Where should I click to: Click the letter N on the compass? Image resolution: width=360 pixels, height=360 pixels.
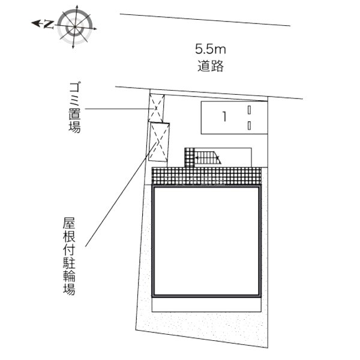click(49, 25)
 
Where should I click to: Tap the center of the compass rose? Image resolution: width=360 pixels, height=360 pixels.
click(75, 27)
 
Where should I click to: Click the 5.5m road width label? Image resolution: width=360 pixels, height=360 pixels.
click(211, 49)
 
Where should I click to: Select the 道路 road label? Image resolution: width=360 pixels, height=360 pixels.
click(211, 66)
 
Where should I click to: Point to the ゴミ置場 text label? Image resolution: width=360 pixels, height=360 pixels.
click(75, 107)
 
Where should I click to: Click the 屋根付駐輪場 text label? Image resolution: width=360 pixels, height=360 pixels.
click(69, 256)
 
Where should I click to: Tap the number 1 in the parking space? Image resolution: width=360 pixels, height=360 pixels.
click(224, 116)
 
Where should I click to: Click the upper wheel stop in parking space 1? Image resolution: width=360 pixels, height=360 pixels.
click(250, 110)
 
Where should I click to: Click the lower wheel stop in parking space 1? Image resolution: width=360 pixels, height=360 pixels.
click(250, 125)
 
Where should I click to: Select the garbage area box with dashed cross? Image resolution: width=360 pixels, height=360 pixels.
click(157, 108)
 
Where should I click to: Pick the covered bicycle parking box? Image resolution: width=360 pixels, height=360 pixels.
click(159, 142)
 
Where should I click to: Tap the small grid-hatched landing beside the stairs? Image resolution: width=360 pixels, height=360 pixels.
click(190, 157)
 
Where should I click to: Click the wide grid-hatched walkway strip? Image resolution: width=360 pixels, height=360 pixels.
click(206, 176)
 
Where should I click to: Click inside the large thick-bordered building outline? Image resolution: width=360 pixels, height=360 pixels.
click(206, 241)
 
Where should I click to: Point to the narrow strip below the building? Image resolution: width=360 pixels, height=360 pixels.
click(206, 305)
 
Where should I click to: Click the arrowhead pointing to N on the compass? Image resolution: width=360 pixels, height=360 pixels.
click(35, 23)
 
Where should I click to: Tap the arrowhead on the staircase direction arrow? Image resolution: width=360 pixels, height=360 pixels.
click(196, 158)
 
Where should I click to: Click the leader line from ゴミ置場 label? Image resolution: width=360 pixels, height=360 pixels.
click(117, 109)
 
